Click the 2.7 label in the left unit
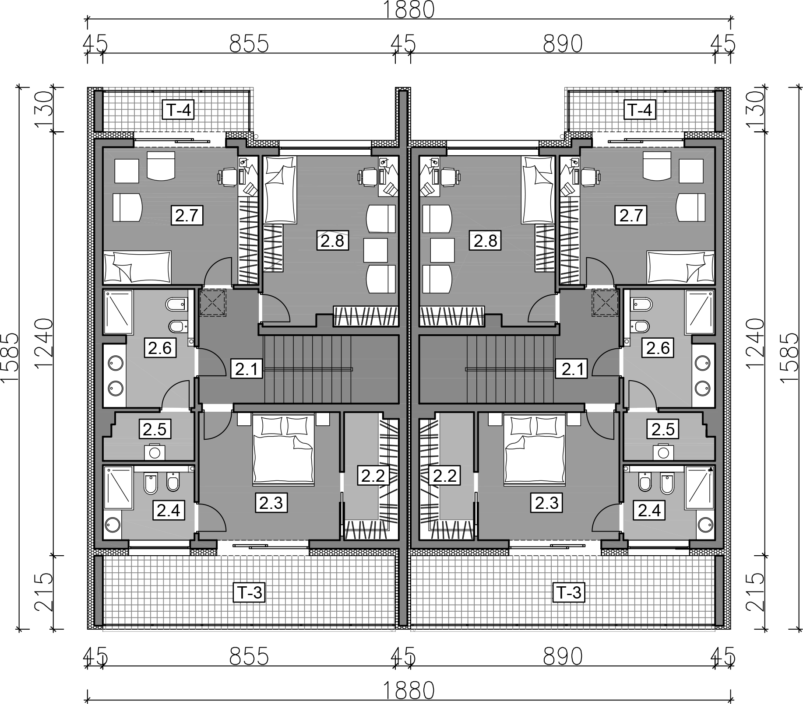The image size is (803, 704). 187,216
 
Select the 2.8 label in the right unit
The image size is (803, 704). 485,241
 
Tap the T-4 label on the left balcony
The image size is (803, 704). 178,109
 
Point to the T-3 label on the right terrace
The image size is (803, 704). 569,593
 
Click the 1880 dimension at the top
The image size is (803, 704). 409,10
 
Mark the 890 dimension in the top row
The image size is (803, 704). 563,44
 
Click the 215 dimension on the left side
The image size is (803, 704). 44,593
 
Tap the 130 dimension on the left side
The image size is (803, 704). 44,109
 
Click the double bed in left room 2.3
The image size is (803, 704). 283,450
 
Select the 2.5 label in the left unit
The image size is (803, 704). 155,429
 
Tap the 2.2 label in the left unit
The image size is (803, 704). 373,476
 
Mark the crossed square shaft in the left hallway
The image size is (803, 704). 213,302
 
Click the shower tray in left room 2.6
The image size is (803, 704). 119,312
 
